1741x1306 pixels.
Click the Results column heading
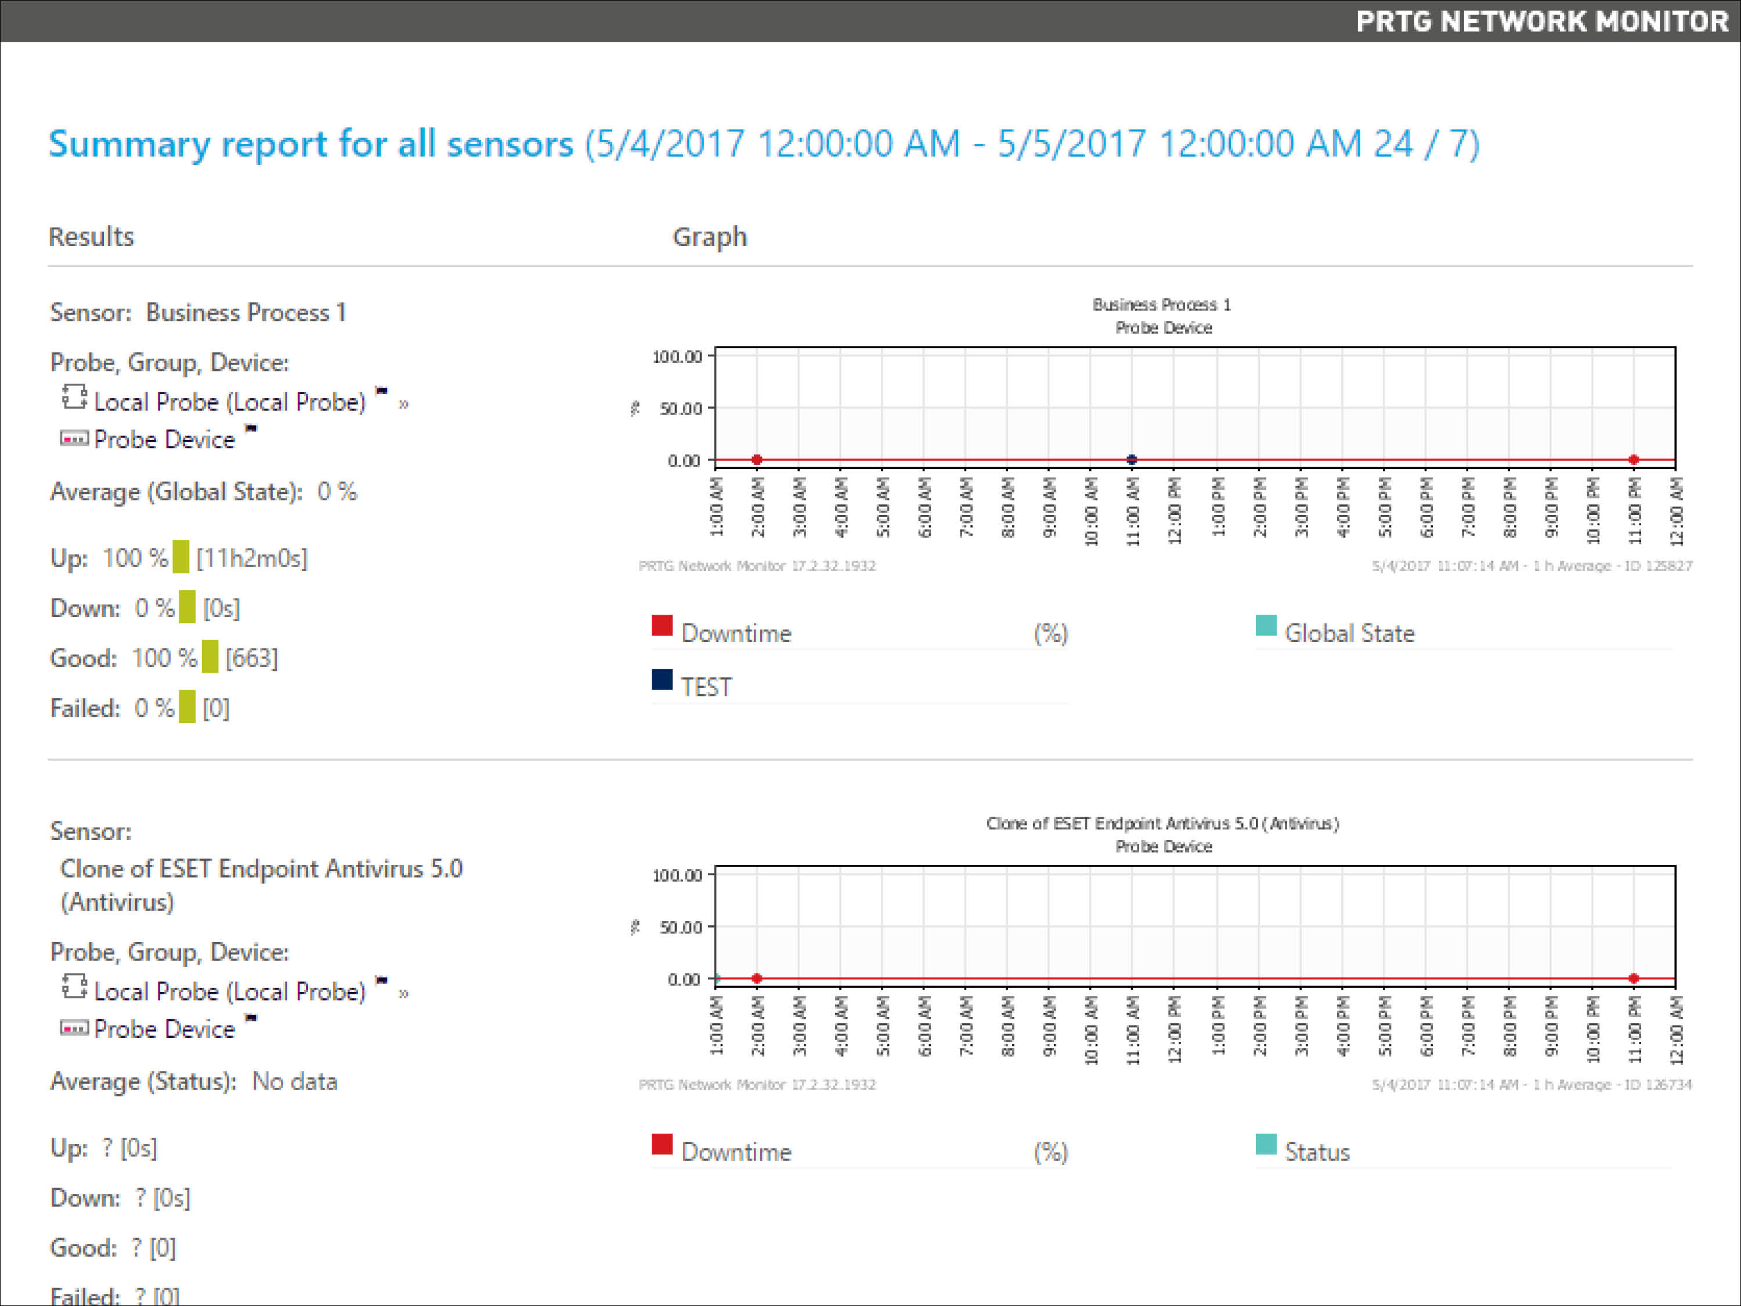pos(91,237)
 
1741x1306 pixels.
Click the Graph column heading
pos(709,237)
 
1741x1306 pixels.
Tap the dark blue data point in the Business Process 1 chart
pos(1131,460)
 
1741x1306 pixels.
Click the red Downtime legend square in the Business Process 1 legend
pos(662,626)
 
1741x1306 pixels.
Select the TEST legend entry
pos(706,687)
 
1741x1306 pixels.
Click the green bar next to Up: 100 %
pos(181,557)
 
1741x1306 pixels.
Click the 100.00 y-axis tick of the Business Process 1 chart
pos(677,356)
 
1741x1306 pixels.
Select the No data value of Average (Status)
pos(294,1081)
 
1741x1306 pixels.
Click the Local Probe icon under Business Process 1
pos(74,398)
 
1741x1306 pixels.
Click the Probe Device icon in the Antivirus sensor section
pos(74,1028)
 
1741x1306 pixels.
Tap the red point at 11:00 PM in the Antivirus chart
pos(1633,979)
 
